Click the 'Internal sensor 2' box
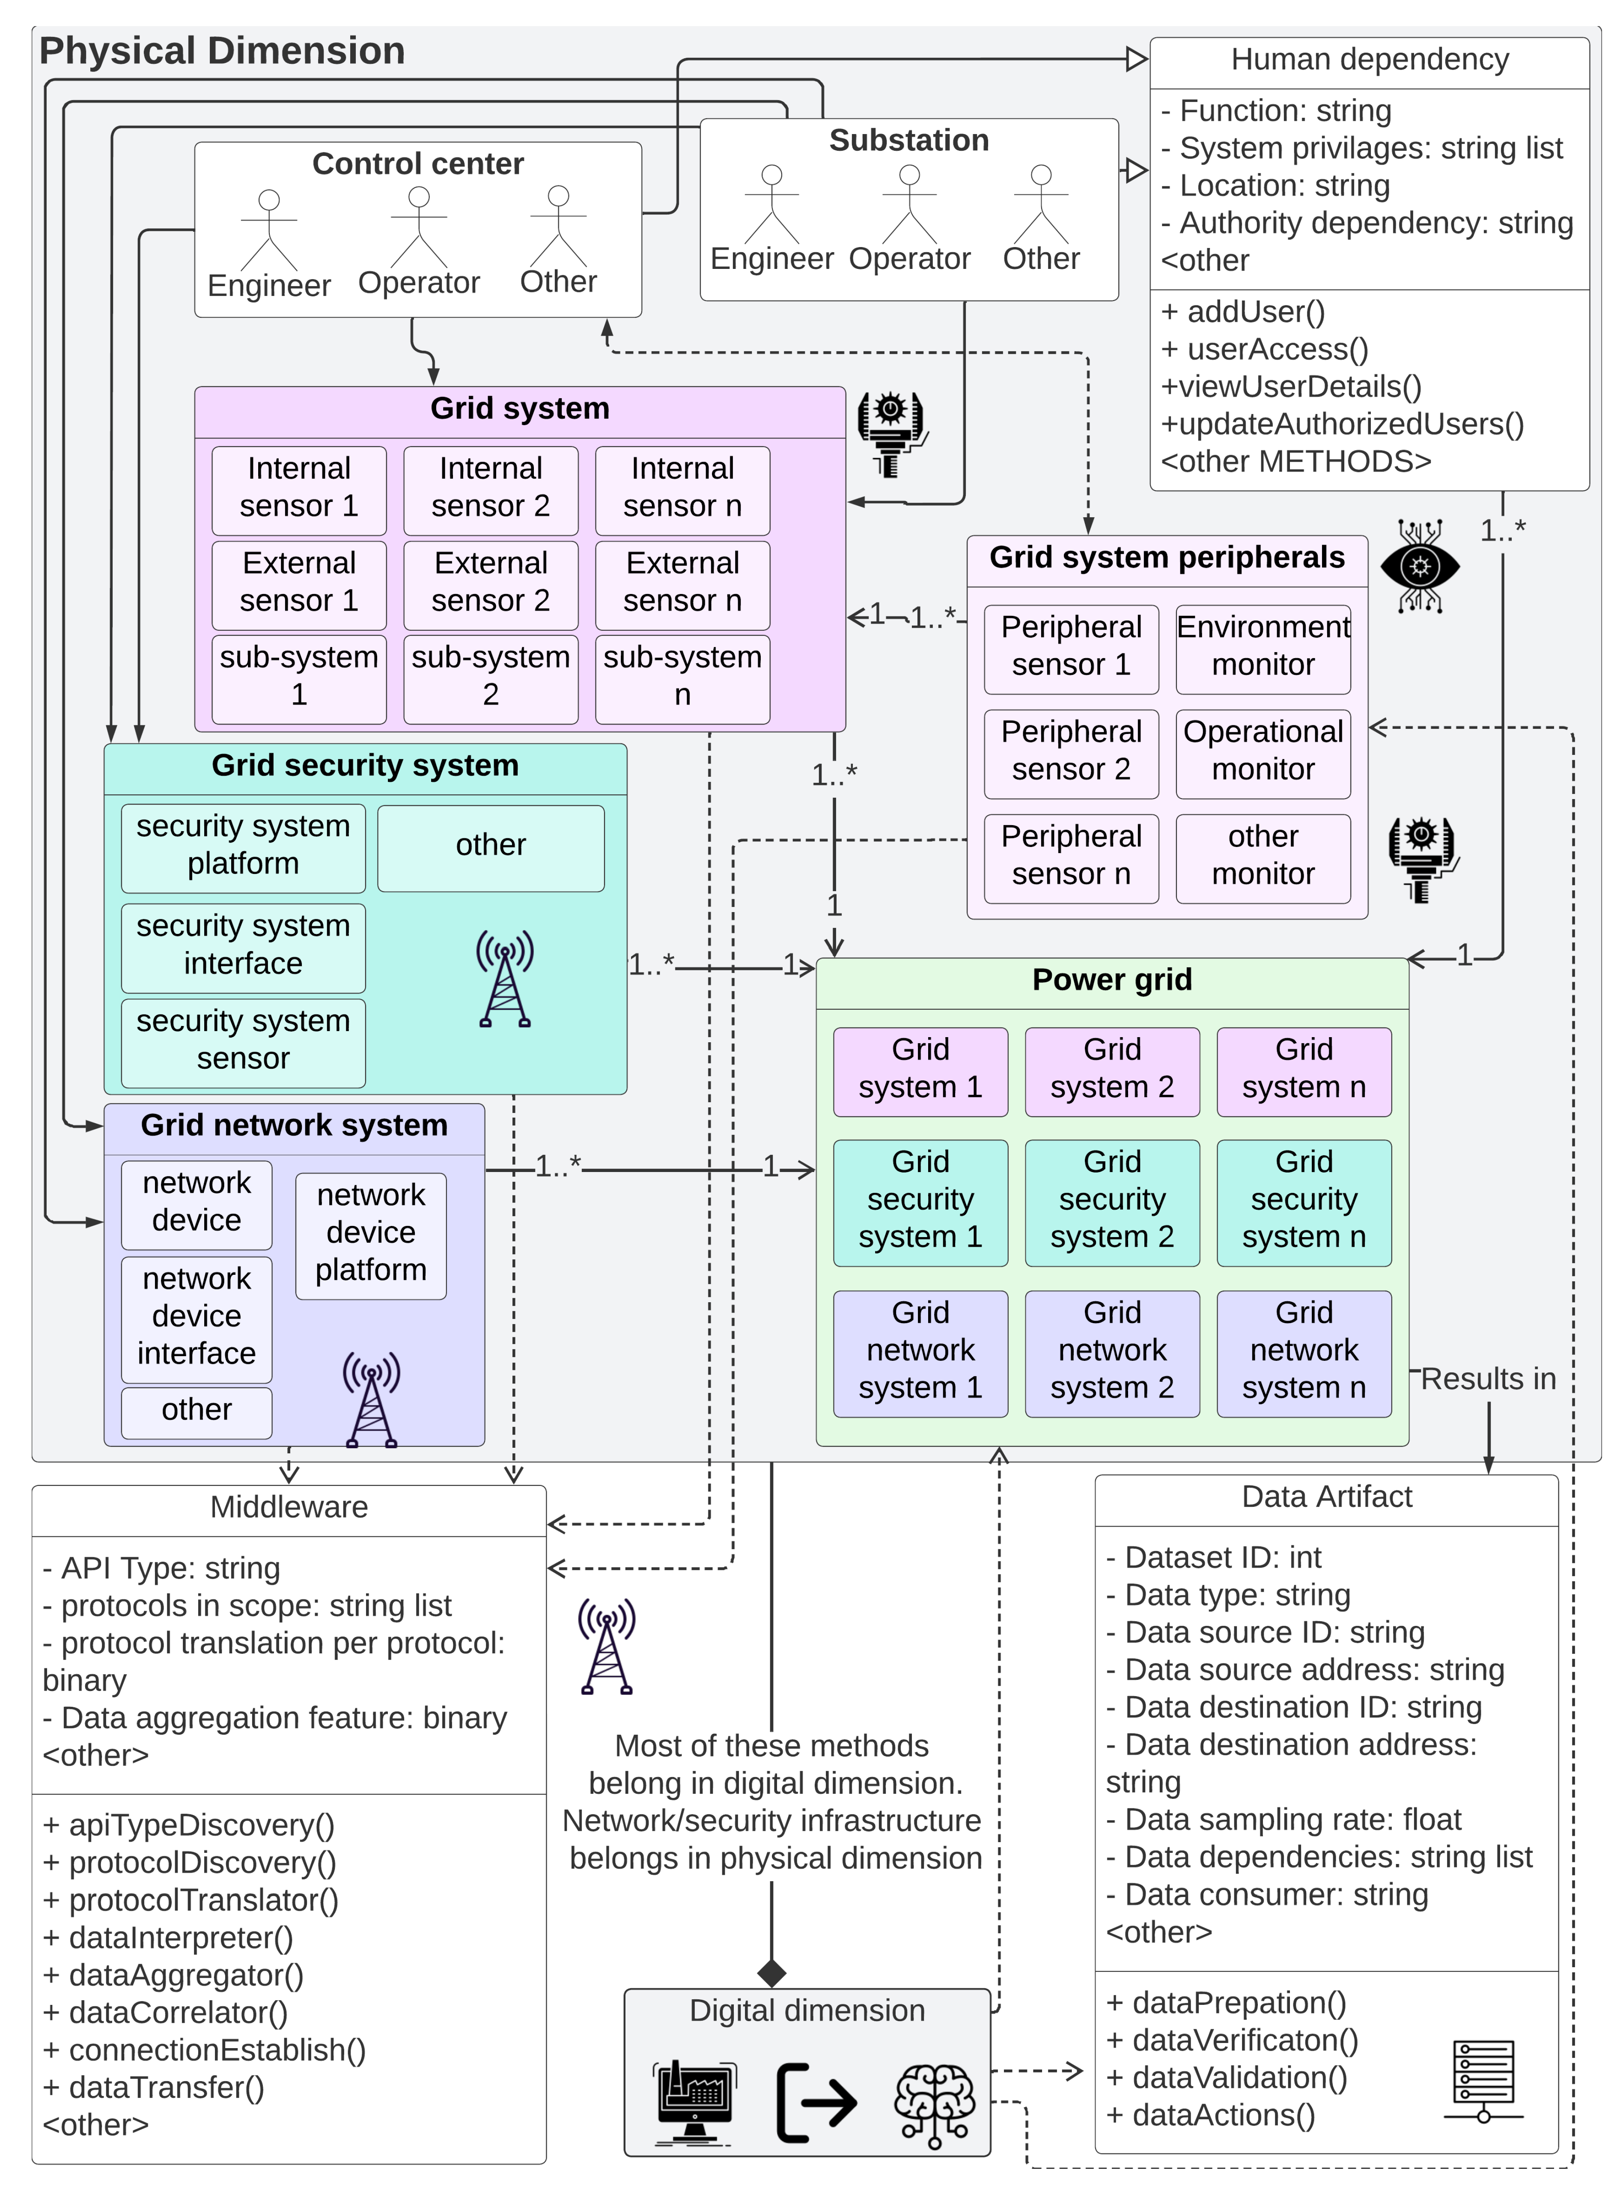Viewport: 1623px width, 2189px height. pos(490,487)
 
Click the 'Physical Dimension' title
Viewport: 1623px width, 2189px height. pos(222,51)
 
